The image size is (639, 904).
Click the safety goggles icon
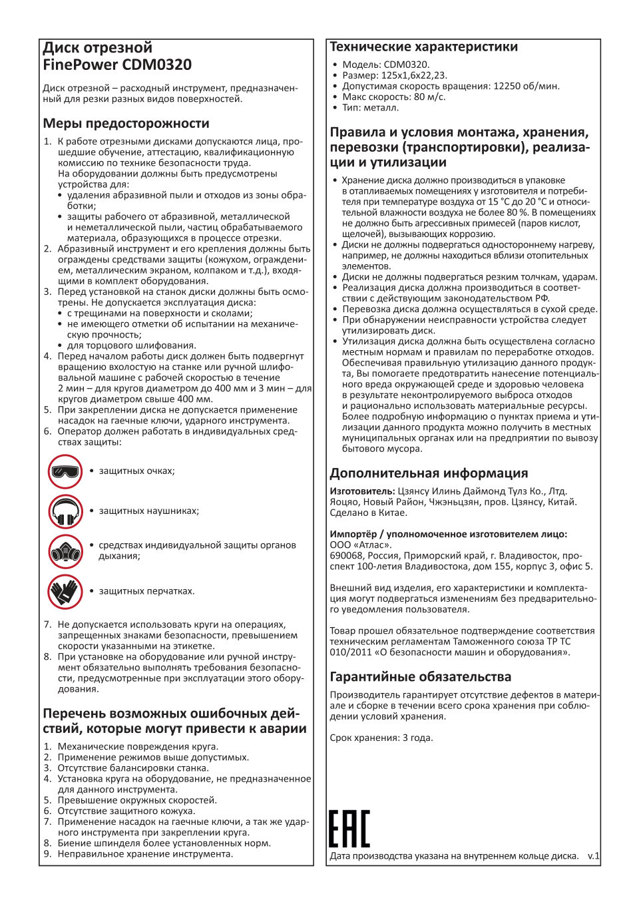(x=65, y=471)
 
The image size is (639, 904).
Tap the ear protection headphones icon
(x=65, y=511)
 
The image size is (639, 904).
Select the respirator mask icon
(x=65, y=551)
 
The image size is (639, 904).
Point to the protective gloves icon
(x=65, y=591)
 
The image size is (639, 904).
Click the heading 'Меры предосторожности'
(x=126, y=123)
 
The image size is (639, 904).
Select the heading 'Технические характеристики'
(x=423, y=47)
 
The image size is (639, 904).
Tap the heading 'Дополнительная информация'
(x=429, y=473)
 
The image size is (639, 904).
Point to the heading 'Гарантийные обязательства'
(x=421, y=677)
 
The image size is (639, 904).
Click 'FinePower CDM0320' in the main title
(x=117, y=65)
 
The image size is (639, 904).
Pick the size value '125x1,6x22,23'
(x=413, y=75)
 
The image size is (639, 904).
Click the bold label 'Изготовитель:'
(x=362, y=491)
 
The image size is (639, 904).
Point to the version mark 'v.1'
(x=593, y=856)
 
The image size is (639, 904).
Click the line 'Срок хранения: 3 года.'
(x=381, y=738)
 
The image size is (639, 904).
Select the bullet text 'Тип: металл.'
(x=371, y=107)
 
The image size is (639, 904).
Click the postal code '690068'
(x=345, y=555)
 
